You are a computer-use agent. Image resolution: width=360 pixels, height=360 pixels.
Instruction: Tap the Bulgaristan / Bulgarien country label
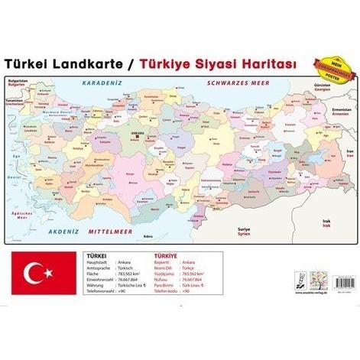pos(18,82)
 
